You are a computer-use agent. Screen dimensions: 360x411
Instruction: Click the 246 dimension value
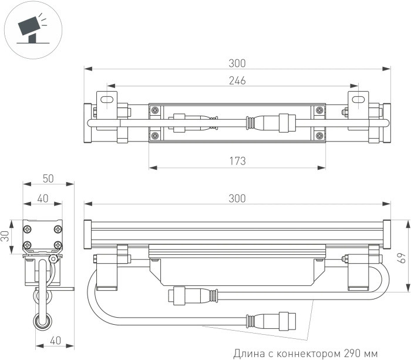pos(237,80)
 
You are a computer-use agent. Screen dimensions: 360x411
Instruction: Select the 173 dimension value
pos(237,160)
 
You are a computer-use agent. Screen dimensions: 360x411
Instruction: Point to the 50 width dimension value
pos(48,179)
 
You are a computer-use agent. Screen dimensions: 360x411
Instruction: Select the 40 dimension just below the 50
pos(42,198)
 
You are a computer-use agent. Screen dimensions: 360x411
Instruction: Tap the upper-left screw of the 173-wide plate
pos(154,110)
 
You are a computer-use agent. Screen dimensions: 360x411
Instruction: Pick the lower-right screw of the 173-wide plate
pos(319,136)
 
